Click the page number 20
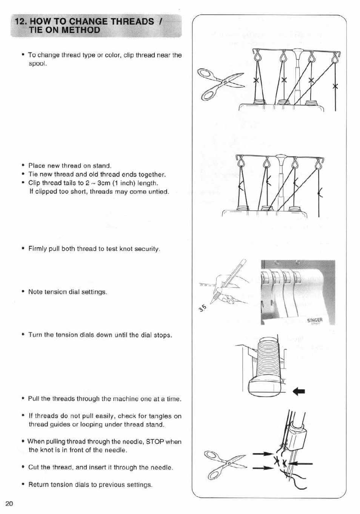point(9,504)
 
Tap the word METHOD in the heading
point(81,30)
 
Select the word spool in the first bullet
point(37,63)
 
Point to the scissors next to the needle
point(225,463)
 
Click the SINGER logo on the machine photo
point(315,321)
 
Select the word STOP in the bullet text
point(155,442)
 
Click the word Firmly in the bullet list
point(38,249)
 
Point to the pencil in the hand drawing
point(230,279)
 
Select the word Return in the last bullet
point(38,485)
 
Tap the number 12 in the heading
point(19,21)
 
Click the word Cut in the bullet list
point(34,467)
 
